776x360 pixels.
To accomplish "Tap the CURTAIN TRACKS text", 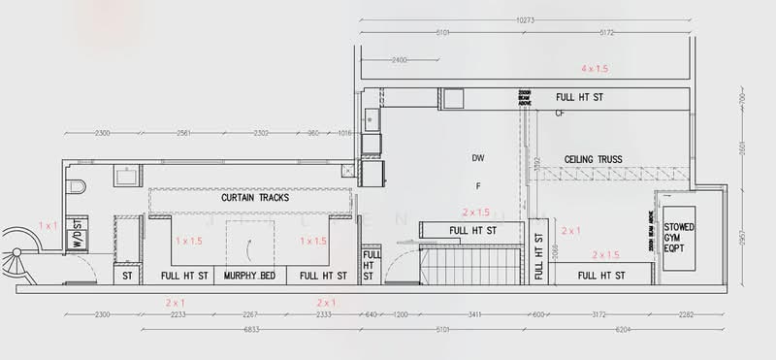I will coord(255,198).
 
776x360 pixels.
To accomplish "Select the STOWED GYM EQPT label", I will coord(680,238).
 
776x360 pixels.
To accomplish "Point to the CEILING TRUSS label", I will coord(594,159).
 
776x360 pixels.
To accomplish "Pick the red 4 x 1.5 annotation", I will coord(595,69).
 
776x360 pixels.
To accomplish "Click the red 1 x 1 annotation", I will coord(48,224).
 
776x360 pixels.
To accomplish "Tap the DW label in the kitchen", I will coord(477,157).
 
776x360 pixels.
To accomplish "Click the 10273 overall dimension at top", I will coord(525,18).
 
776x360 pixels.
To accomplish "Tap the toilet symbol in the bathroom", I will coord(78,184).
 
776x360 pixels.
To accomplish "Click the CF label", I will coord(560,114).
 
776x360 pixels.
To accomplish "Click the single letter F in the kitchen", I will coord(477,184).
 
